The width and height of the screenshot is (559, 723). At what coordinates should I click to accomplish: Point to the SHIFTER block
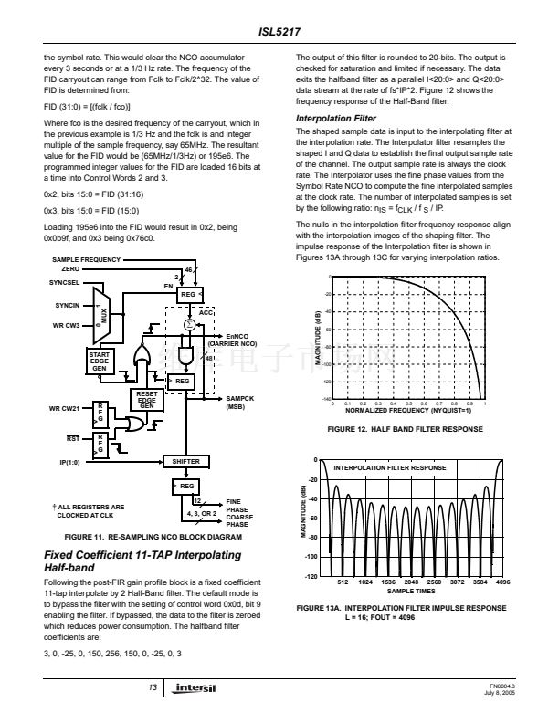pos(185,462)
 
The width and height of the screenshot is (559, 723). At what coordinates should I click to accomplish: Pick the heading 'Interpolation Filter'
pos(336,119)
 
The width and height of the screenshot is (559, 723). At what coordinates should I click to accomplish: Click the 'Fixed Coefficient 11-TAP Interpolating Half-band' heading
pos(142,561)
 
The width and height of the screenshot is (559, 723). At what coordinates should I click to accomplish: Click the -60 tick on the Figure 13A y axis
pos(313,519)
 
